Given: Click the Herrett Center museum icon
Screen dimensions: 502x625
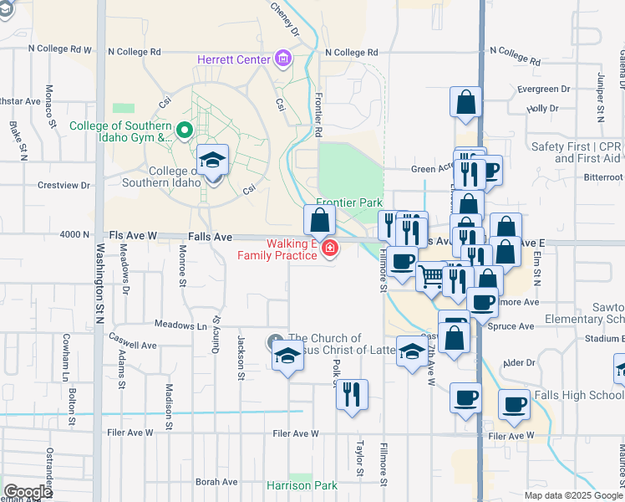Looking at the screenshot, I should pos(283,59).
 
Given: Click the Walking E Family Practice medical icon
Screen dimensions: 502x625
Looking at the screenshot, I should pos(330,248).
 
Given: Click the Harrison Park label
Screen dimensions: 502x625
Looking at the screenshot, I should pos(302,485).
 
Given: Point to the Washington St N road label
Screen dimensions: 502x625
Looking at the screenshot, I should pos(101,284).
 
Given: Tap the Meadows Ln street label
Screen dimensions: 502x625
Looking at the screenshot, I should pos(180,325).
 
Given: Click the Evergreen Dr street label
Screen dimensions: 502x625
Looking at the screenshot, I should pos(543,89).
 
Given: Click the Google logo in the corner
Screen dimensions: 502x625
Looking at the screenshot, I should pos(28,492).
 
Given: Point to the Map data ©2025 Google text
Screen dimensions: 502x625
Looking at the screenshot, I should pos(572,495).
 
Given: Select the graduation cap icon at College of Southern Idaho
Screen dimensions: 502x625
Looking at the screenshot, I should pos(212,160).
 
